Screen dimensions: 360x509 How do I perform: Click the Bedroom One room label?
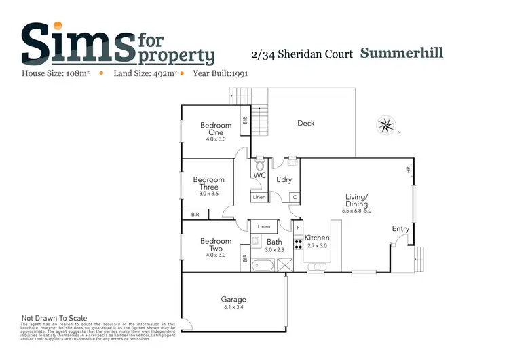pyautogui.click(x=216, y=128)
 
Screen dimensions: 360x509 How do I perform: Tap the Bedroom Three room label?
pyautogui.click(x=208, y=183)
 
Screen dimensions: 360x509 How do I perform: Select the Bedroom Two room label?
pyautogui.click(x=216, y=245)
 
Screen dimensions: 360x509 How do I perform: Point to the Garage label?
pyautogui.click(x=233, y=299)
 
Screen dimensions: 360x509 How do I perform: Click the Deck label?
pyautogui.click(x=306, y=123)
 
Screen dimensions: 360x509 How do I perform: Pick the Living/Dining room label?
pyautogui.click(x=356, y=200)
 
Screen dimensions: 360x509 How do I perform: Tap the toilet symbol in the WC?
pyautogui.click(x=259, y=166)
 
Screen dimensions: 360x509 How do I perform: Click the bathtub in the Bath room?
pyautogui.click(x=262, y=265)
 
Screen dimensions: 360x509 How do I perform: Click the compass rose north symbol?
pyautogui.click(x=386, y=126)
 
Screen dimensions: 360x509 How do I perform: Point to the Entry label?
pyautogui.click(x=400, y=229)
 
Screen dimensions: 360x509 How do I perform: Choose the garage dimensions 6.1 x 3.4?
pyautogui.click(x=233, y=307)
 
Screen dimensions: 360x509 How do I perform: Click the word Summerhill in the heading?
pyautogui.click(x=402, y=52)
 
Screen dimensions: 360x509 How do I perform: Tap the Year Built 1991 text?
pyautogui.click(x=221, y=73)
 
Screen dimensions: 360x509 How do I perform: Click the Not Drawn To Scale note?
pyautogui.click(x=54, y=317)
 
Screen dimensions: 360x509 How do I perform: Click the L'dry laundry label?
pyautogui.click(x=284, y=179)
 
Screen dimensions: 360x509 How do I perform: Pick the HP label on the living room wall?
pyautogui.click(x=409, y=170)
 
